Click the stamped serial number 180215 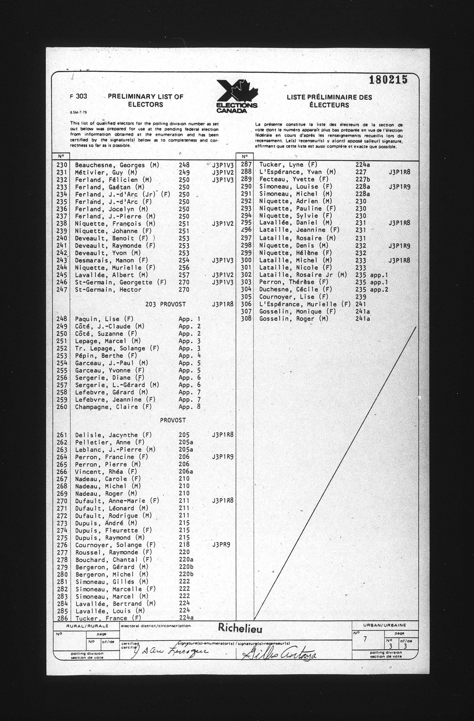pyautogui.click(x=388, y=80)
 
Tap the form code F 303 pyautogui.click(x=78, y=96)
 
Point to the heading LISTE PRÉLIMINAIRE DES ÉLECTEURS pyautogui.click(x=329, y=101)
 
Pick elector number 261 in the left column pyautogui.click(x=62, y=435)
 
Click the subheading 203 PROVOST pyautogui.click(x=165, y=304)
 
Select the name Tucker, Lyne pyautogui.click(x=288, y=165)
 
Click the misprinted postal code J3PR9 pyautogui.click(x=221, y=544)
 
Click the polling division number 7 pyautogui.click(x=365, y=639)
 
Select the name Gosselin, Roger pyautogui.click(x=294, y=319)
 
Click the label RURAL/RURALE pyautogui.click(x=87, y=626)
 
